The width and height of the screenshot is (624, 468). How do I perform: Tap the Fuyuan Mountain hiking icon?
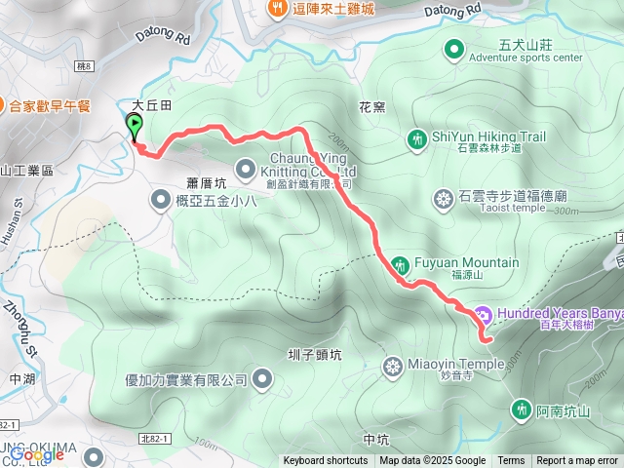[400, 264]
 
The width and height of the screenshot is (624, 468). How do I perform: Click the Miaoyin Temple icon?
[392, 367]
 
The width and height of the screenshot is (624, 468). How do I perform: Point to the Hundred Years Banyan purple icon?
[483, 315]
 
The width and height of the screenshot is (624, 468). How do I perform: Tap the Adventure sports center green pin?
[453, 49]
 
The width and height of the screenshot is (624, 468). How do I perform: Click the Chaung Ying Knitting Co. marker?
[245, 167]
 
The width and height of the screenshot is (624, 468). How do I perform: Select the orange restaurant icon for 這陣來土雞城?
[277, 9]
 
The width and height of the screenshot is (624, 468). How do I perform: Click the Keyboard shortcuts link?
[326, 461]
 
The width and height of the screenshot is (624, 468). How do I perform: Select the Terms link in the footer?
[511, 461]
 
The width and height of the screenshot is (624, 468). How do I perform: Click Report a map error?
[577, 461]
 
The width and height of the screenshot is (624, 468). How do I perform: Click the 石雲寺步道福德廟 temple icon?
[444, 200]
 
